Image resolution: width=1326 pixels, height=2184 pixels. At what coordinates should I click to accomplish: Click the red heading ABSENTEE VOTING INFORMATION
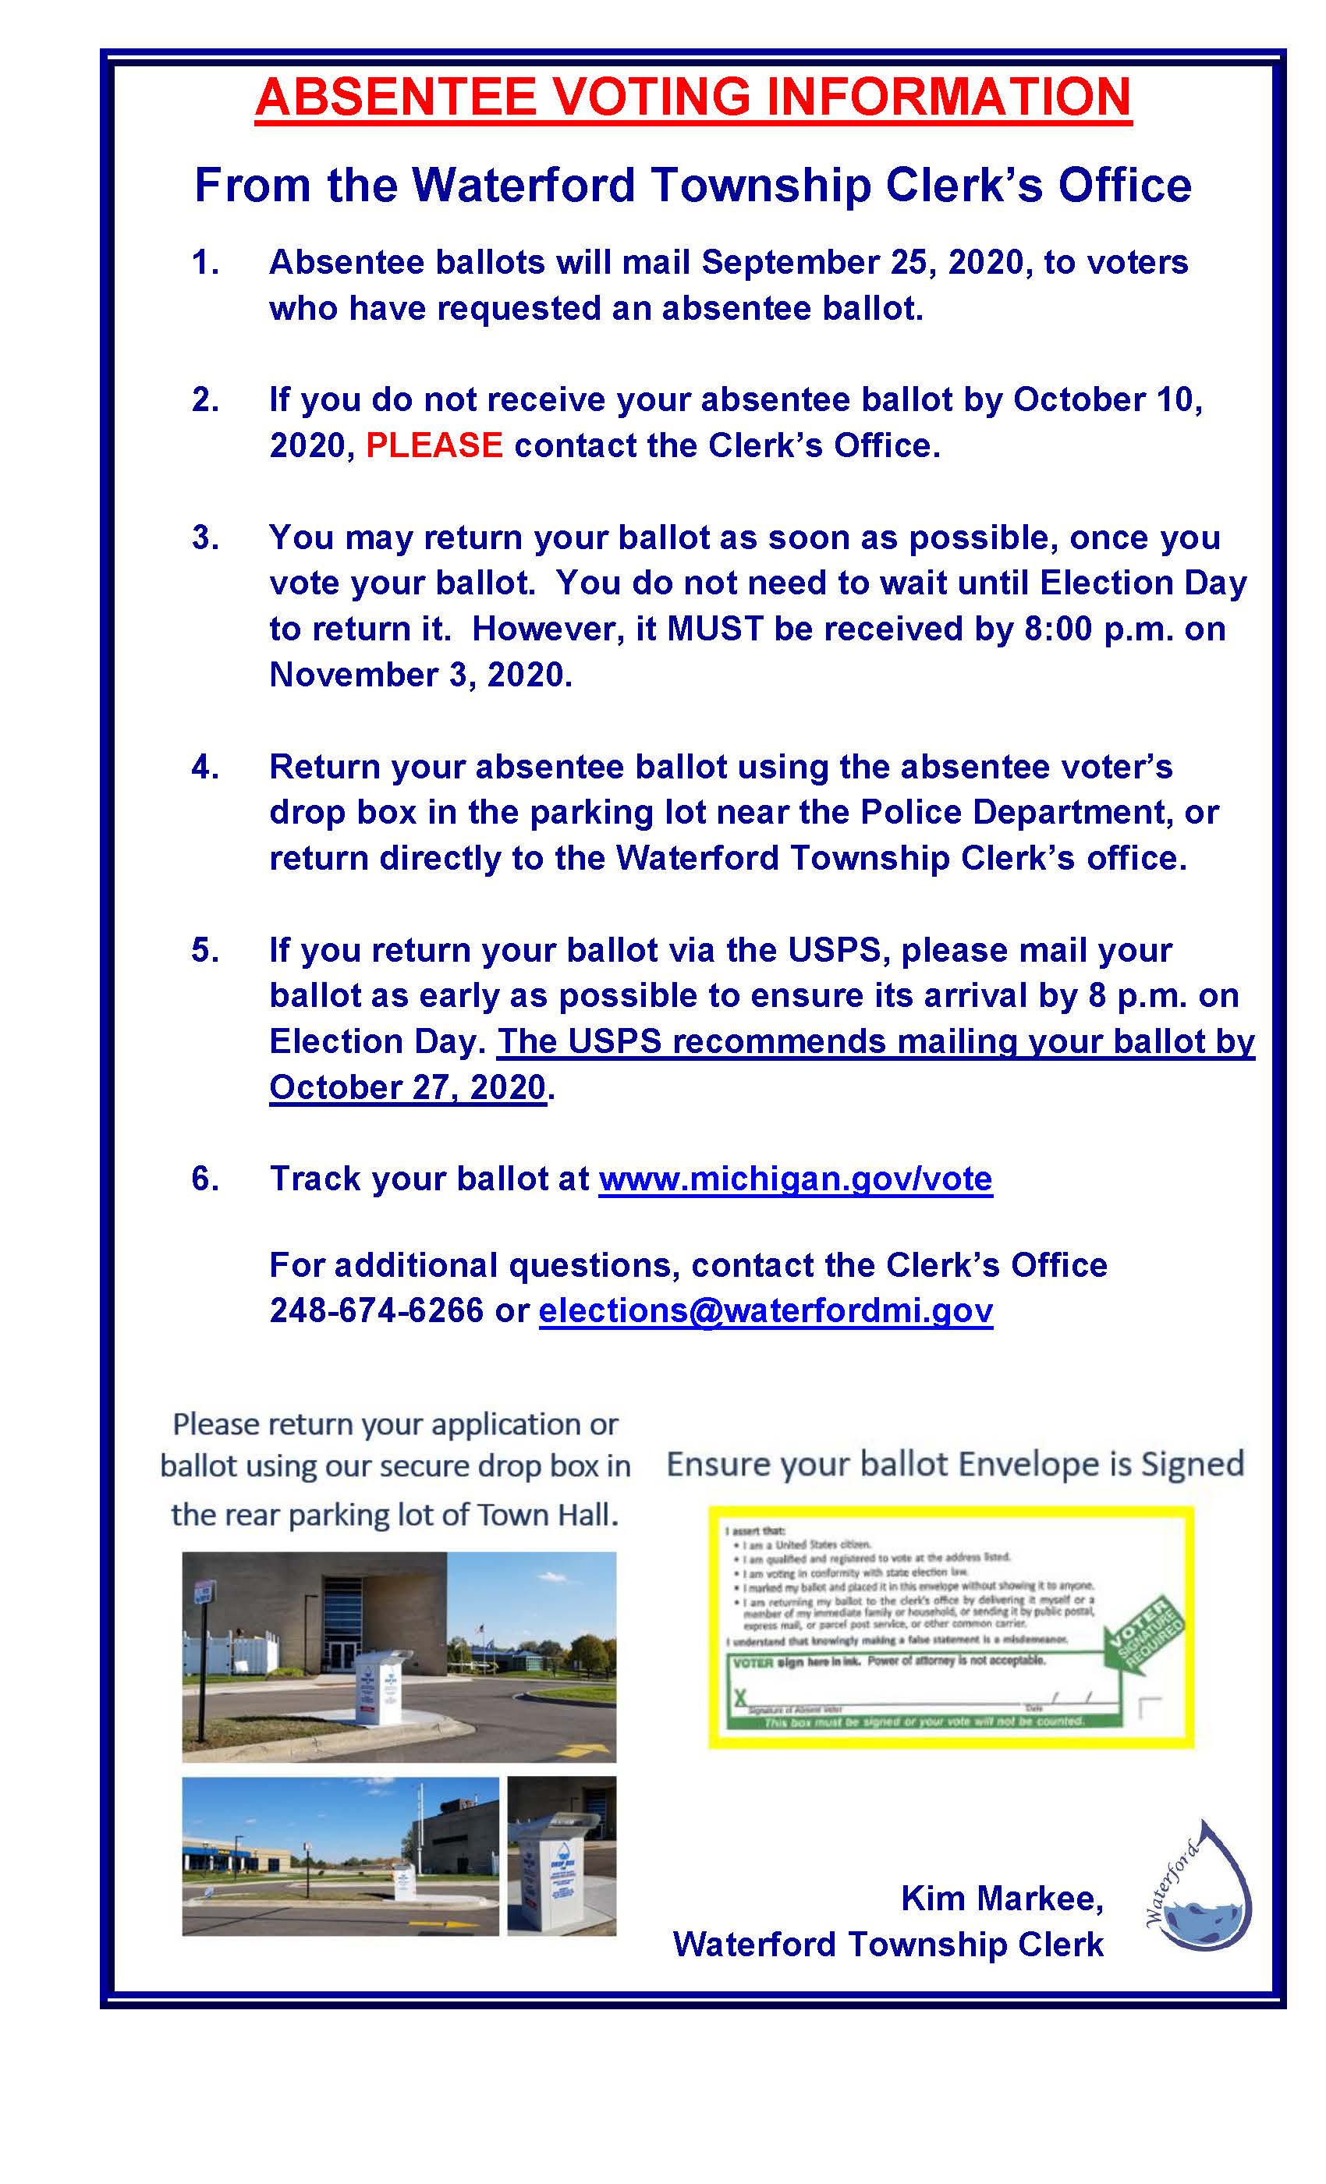point(693,97)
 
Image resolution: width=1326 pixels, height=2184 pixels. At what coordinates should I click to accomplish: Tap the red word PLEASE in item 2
point(434,445)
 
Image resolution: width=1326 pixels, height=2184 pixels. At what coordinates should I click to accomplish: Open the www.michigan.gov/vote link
point(795,1178)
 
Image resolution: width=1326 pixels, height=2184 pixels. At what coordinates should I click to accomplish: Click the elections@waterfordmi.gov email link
point(765,1310)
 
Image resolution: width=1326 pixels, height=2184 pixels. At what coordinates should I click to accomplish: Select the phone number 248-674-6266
point(377,1310)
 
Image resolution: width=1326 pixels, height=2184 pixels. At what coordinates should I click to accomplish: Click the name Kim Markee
point(1002,1898)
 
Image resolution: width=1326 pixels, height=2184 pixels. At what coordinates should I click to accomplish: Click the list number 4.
point(204,767)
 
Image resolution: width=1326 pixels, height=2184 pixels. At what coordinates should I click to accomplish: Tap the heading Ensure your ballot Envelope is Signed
point(955,1463)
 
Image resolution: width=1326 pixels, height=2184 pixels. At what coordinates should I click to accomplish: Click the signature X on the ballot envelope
point(740,1696)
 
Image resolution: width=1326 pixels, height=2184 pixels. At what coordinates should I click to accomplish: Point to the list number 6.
point(204,1178)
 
